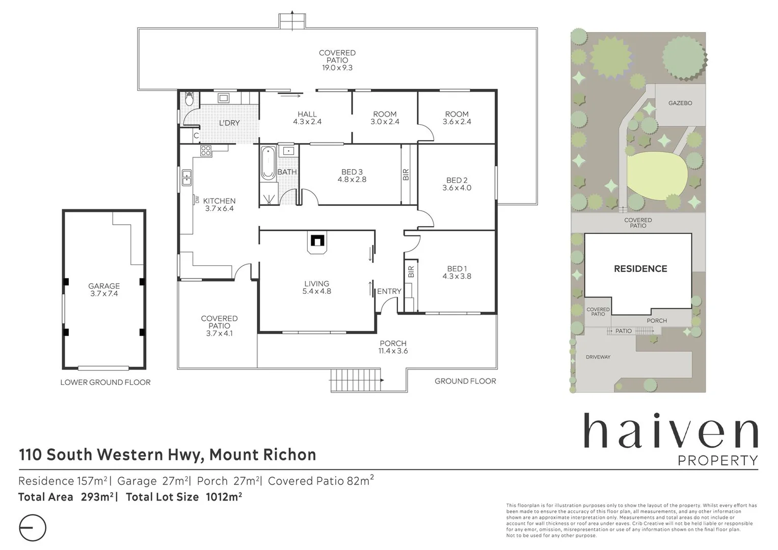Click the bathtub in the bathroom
268,163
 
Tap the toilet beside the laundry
190,98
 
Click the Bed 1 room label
457,269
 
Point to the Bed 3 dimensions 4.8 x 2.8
352,179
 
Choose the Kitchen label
219,201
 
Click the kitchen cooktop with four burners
206,151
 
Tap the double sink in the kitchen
187,178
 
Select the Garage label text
104,286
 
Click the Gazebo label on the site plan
680,103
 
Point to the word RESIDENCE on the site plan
640,268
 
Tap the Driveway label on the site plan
598,357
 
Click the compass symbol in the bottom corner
32,528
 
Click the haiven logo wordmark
670,432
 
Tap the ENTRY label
389,291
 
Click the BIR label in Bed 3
406,175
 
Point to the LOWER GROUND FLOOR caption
105,382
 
